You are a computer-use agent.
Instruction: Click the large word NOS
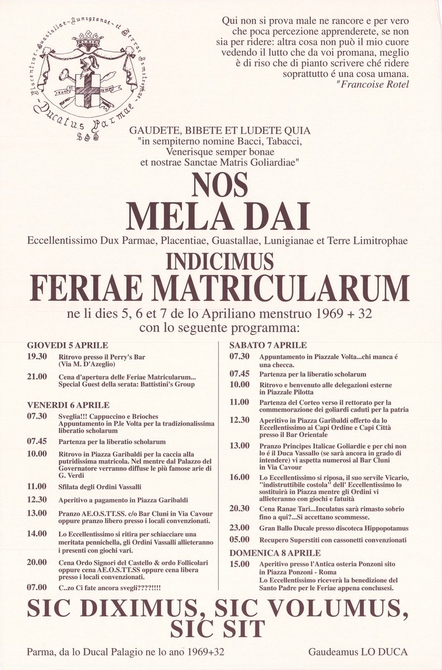click(x=220, y=183)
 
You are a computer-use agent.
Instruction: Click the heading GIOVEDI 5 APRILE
click(x=68, y=345)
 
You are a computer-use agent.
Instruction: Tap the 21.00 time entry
click(x=36, y=378)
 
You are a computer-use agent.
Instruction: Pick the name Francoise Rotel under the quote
click(x=374, y=85)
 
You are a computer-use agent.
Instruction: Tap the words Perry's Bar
click(x=128, y=356)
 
